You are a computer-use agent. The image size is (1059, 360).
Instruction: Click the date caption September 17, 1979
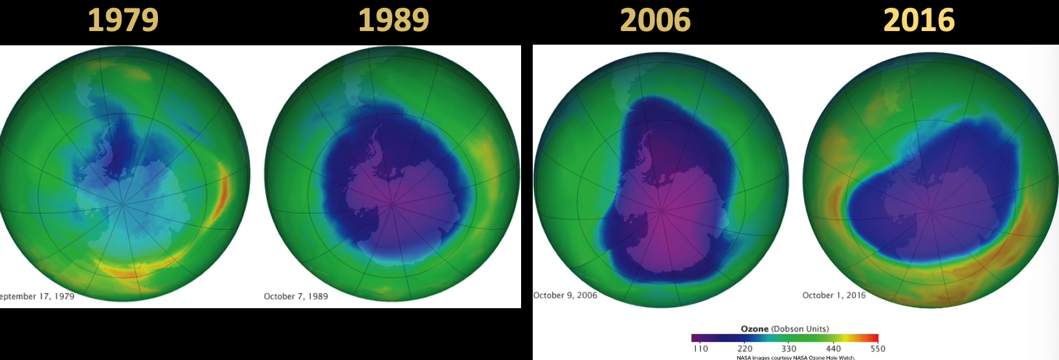tap(37, 297)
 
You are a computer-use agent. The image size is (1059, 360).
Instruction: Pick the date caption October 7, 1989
tap(296, 297)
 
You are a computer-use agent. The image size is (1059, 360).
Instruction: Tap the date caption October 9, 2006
tap(565, 295)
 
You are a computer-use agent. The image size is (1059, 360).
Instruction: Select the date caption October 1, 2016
tap(834, 295)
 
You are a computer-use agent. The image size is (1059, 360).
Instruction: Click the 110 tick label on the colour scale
tap(700, 348)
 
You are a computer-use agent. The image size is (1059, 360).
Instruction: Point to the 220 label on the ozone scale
tap(745, 348)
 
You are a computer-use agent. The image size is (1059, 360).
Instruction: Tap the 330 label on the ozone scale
tap(789, 348)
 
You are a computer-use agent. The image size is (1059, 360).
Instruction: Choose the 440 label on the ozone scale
tap(833, 348)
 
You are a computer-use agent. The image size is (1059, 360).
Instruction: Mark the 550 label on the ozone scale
tap(877, 348)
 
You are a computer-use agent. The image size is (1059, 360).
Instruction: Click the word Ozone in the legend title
tap(755, 329)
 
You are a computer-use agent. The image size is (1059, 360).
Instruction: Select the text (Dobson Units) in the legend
tap(800, 329)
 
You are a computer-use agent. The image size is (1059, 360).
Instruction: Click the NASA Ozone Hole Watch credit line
tap(796, 357)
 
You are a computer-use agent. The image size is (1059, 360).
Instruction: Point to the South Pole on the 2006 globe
tap(662, 209)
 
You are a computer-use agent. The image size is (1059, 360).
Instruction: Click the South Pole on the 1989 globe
tap(392, 205)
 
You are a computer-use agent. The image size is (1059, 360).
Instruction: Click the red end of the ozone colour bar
tap(875, 338)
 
